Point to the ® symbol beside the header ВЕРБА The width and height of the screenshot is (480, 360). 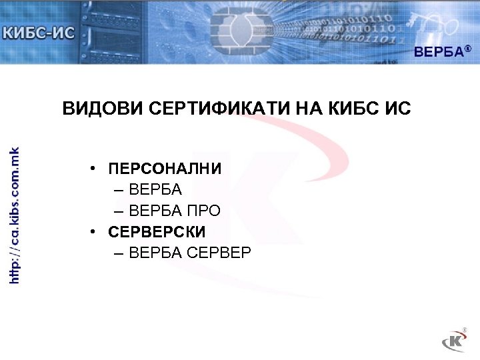point(468,49)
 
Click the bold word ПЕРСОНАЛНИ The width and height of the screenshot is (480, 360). point(165,169)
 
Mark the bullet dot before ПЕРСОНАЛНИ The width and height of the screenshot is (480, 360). point(97,169)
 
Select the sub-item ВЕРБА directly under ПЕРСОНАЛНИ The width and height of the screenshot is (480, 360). point(155,190)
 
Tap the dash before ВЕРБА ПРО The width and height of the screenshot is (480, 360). point(119,211)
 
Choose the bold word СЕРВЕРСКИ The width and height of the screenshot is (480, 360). point(157,232)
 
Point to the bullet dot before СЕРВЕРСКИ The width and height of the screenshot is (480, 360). point(97,232)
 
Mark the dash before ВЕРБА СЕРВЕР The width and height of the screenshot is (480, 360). point(119,253)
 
